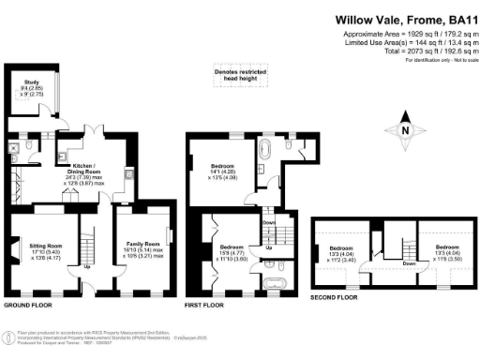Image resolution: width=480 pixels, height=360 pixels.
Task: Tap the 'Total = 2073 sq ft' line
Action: coord(422,52)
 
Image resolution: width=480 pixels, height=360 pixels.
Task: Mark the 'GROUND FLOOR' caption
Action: coord(28,306)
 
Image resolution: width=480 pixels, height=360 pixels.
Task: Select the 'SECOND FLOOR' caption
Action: coord(334,297)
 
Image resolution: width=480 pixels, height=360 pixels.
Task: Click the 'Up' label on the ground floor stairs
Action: coord(89,266)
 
